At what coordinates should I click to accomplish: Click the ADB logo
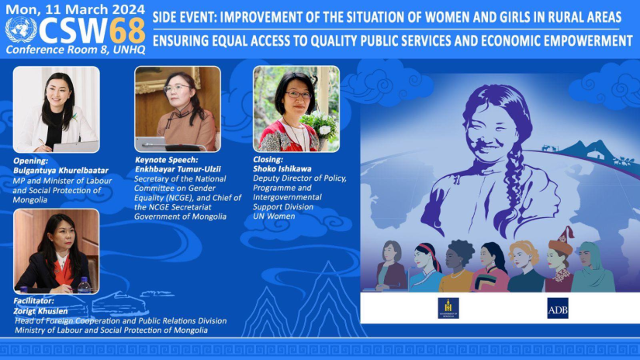coord(558,309)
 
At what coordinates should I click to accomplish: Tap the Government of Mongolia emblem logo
coord(448,308)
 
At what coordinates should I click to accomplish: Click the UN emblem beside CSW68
coord(21,29)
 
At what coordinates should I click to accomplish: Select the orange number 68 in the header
coord(127,30)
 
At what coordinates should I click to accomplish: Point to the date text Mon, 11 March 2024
coord(75,9)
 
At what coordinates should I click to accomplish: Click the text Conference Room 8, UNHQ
coord(75,50)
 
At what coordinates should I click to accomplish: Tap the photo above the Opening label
coord(57,109)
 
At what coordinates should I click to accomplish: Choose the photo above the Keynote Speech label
coord(178,109)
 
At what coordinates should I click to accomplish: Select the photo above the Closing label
coord(296,109)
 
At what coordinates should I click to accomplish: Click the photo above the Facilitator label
coord(57,251)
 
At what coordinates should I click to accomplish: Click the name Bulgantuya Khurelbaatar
coord(61,171)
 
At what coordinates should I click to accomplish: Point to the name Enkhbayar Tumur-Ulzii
coord(178,169)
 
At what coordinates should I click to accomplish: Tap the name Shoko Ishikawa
coord(282,168)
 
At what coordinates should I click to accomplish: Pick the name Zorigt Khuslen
coord(40,311)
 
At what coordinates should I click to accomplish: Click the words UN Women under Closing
coord(274,216)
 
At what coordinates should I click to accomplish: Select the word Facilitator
coord(33,301)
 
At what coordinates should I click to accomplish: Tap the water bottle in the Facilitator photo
coord(84,286)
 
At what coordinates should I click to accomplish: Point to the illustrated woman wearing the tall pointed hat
coord(559,261)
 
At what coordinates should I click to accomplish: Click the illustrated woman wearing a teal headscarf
coord(592,268)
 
